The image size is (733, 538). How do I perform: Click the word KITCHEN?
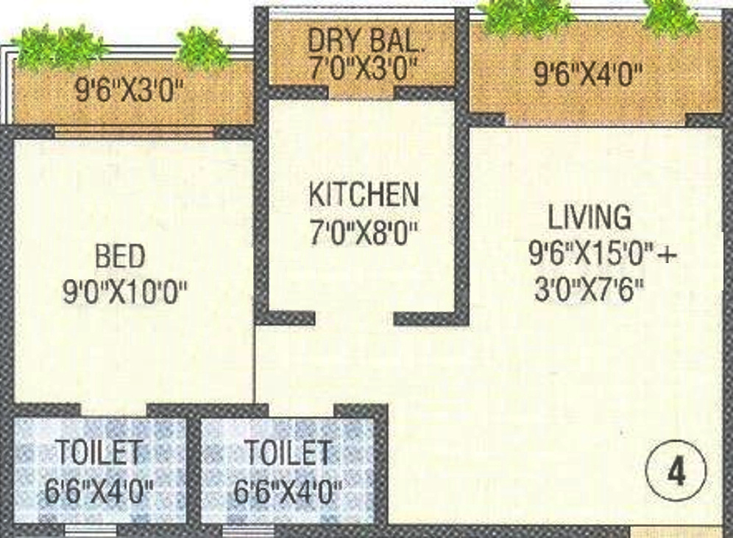pos(364,195)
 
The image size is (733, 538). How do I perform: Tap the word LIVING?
pos(589,218)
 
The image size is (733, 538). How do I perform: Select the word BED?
pos(120,257)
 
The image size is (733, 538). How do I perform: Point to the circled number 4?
pos(676,472)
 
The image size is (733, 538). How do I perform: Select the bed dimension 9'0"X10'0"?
pos(125,295)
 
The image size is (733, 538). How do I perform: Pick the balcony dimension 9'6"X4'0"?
pos(589,75)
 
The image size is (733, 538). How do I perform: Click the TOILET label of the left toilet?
pos(99,453)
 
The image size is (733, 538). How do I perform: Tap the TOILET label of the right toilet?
pos(287,453)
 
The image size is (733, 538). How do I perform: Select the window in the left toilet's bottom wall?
pos(90,529)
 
